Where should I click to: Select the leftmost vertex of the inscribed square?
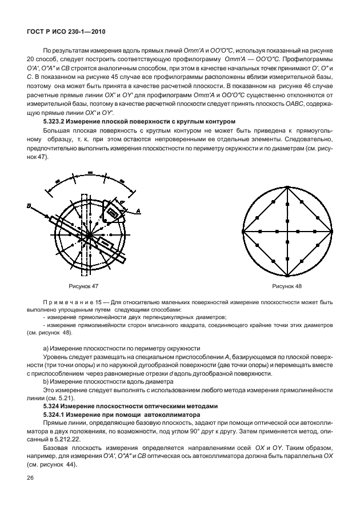[x=243, y=232]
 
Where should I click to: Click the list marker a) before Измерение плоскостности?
[x=46, y=348]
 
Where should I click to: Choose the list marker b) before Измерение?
[x=46, y=381]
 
